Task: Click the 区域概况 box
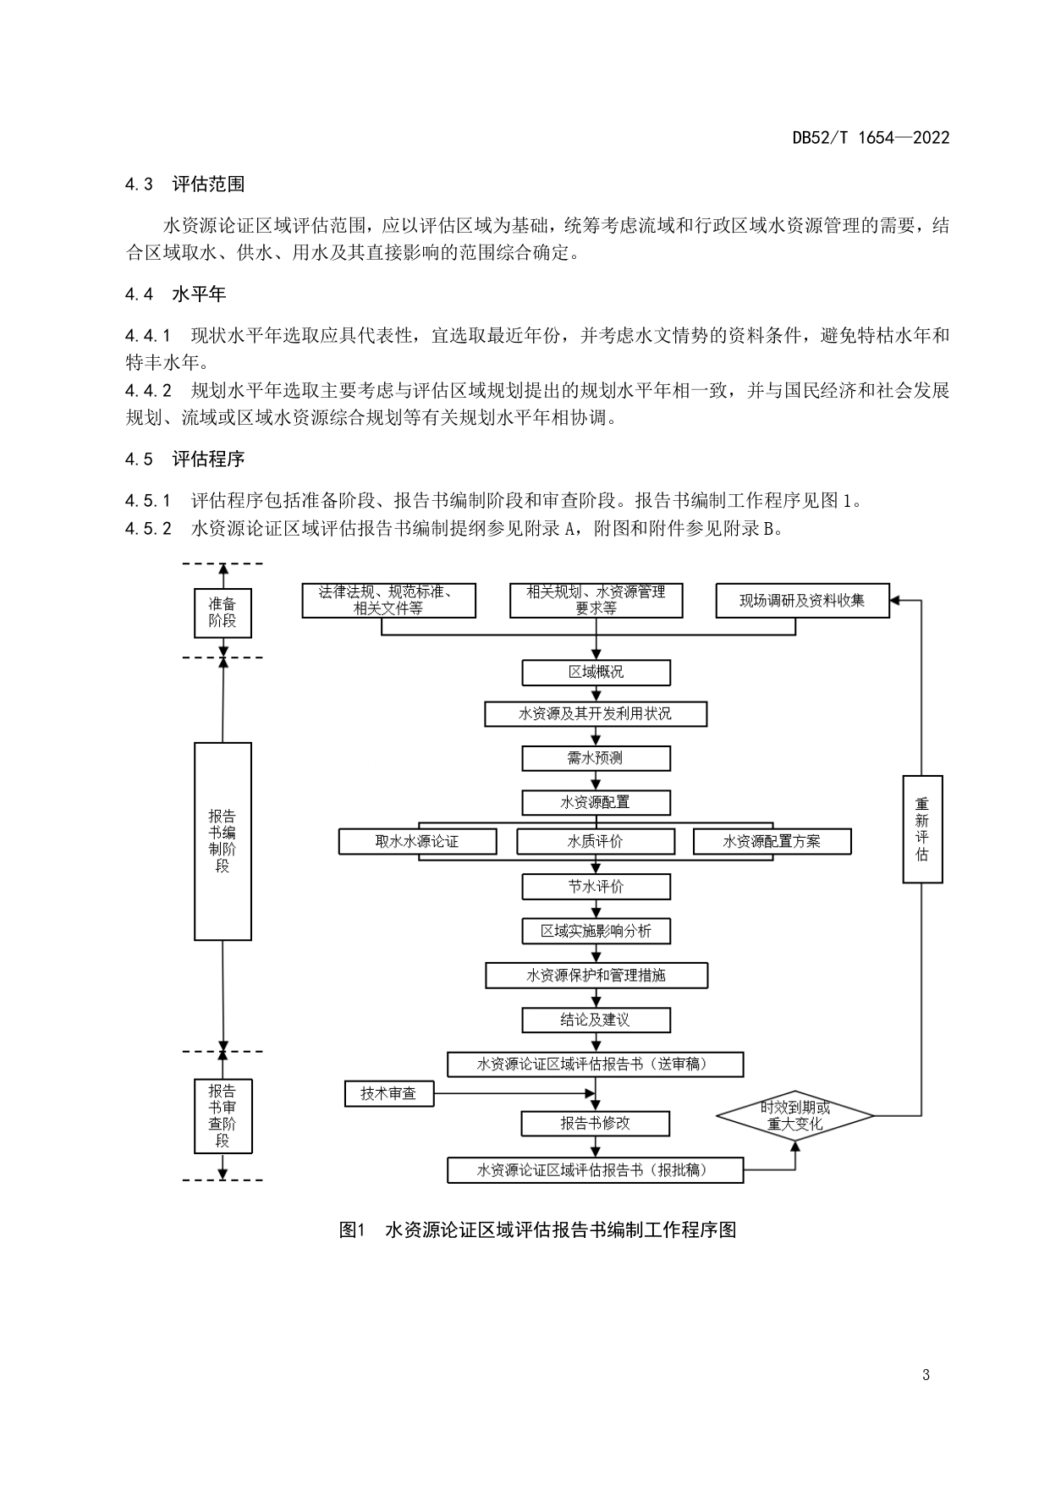(x=596, y=673)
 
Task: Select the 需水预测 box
(x=596, y=758)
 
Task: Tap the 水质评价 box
(x=596, y=841)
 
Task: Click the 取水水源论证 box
(x=417, y=841)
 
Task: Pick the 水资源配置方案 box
(x=772, y=841)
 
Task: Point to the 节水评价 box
(x=596, y=887)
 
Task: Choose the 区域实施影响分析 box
(x=596, y=931)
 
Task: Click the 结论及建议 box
(x=596, y=1020)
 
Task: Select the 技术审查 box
(x=389, y=1093)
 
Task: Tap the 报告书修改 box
(x=596, y=1124)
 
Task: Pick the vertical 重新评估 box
(x=922, y=829)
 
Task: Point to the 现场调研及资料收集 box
(x=802, y=601)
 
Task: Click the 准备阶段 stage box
(x=223, y=613)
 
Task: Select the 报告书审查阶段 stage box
(x=223, y=1116)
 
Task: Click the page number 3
(x=926, y=1375)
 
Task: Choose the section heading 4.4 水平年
(x=176, y=294)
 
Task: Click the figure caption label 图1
(x=350, y=1230)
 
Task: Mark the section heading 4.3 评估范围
(x=184, y=184)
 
